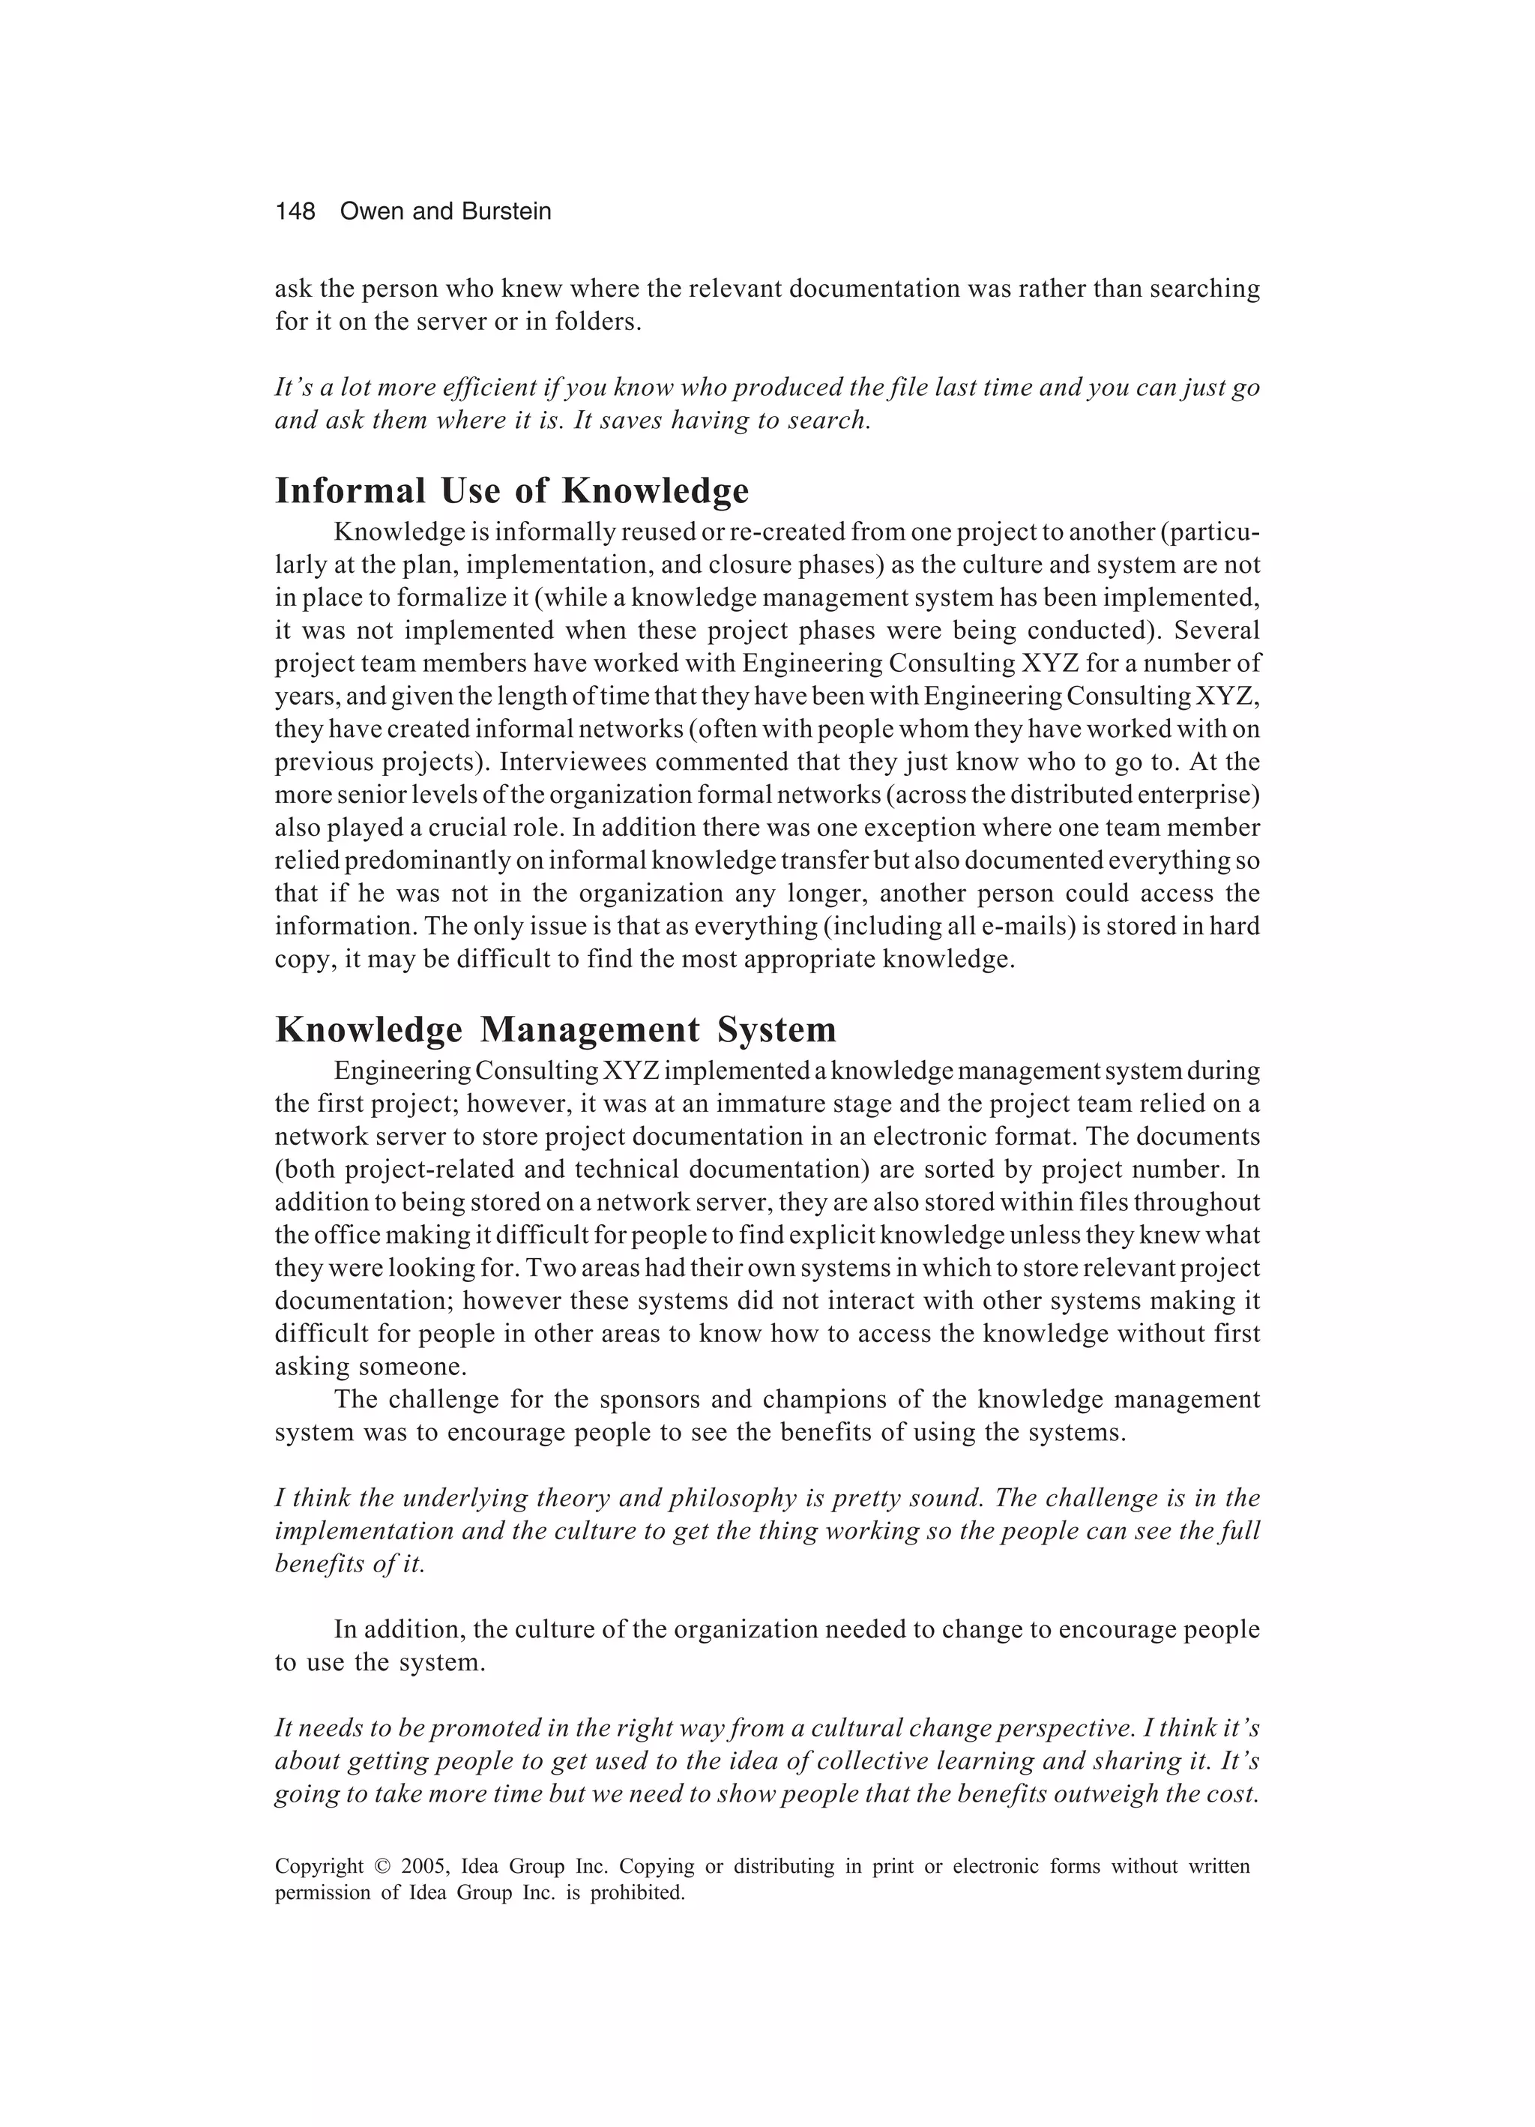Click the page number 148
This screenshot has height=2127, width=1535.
[295, 212]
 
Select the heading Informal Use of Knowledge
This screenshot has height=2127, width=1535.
[512, 490]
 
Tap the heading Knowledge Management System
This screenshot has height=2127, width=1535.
[555, 1029]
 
